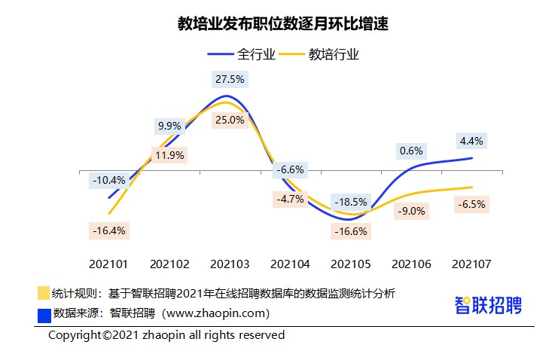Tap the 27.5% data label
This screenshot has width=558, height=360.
(229, 78)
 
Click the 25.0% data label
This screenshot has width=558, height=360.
(229, 119)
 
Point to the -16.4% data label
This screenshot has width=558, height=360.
(106, 230)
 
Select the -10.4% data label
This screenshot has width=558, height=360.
(109, 181)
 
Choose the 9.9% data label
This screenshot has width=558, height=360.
(169, 125)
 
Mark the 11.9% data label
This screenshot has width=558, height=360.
(169, 156)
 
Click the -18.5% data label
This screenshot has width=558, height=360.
(352, 202)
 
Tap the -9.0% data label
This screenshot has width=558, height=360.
(412, 212)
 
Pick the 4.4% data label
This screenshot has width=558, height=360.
(471, 140)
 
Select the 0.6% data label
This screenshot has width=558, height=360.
(411, 151)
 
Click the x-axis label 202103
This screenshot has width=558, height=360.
(230, 264)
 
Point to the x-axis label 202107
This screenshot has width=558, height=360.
(471, 264)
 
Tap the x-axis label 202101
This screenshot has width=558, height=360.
(109, 264)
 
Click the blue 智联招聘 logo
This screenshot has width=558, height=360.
(488, 305)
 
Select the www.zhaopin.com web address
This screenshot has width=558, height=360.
(215, 313)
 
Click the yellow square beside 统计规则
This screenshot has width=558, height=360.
(43, 293)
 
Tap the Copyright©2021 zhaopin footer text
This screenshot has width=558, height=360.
(166, 335)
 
